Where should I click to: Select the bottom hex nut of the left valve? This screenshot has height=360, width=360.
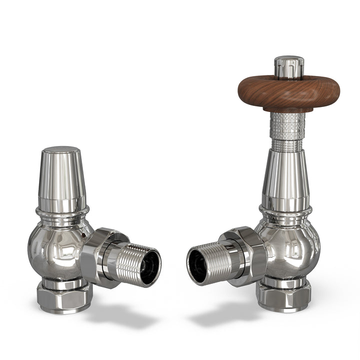tap(64, 297)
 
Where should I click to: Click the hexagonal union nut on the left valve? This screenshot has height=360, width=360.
tap(102, 255)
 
